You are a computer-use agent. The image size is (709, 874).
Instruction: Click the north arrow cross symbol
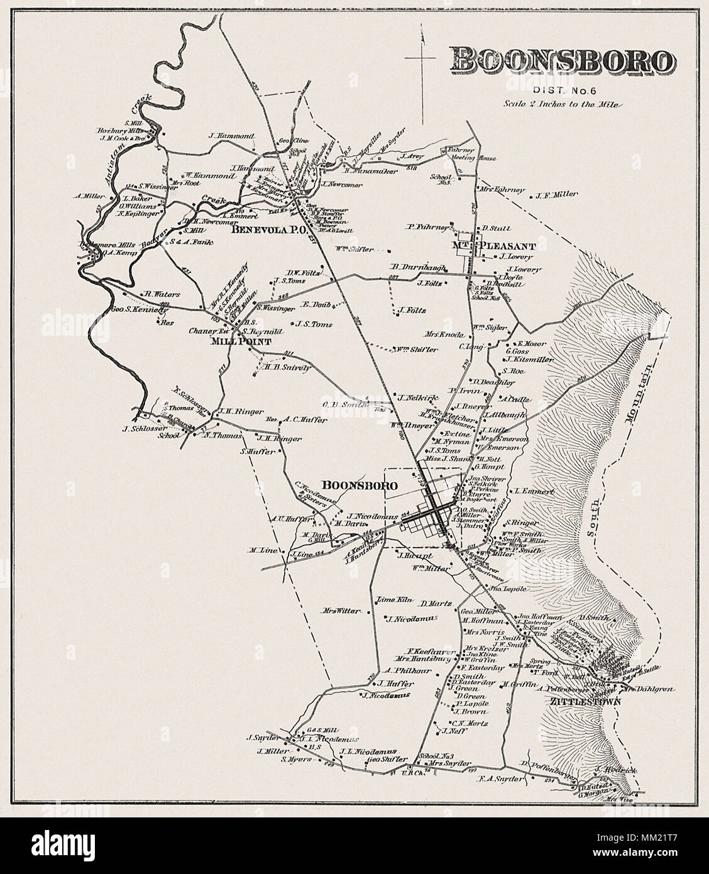(420, 58)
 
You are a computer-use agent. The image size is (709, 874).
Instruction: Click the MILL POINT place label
(241, 342)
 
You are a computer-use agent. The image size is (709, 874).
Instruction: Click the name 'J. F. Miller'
(557, 195)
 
